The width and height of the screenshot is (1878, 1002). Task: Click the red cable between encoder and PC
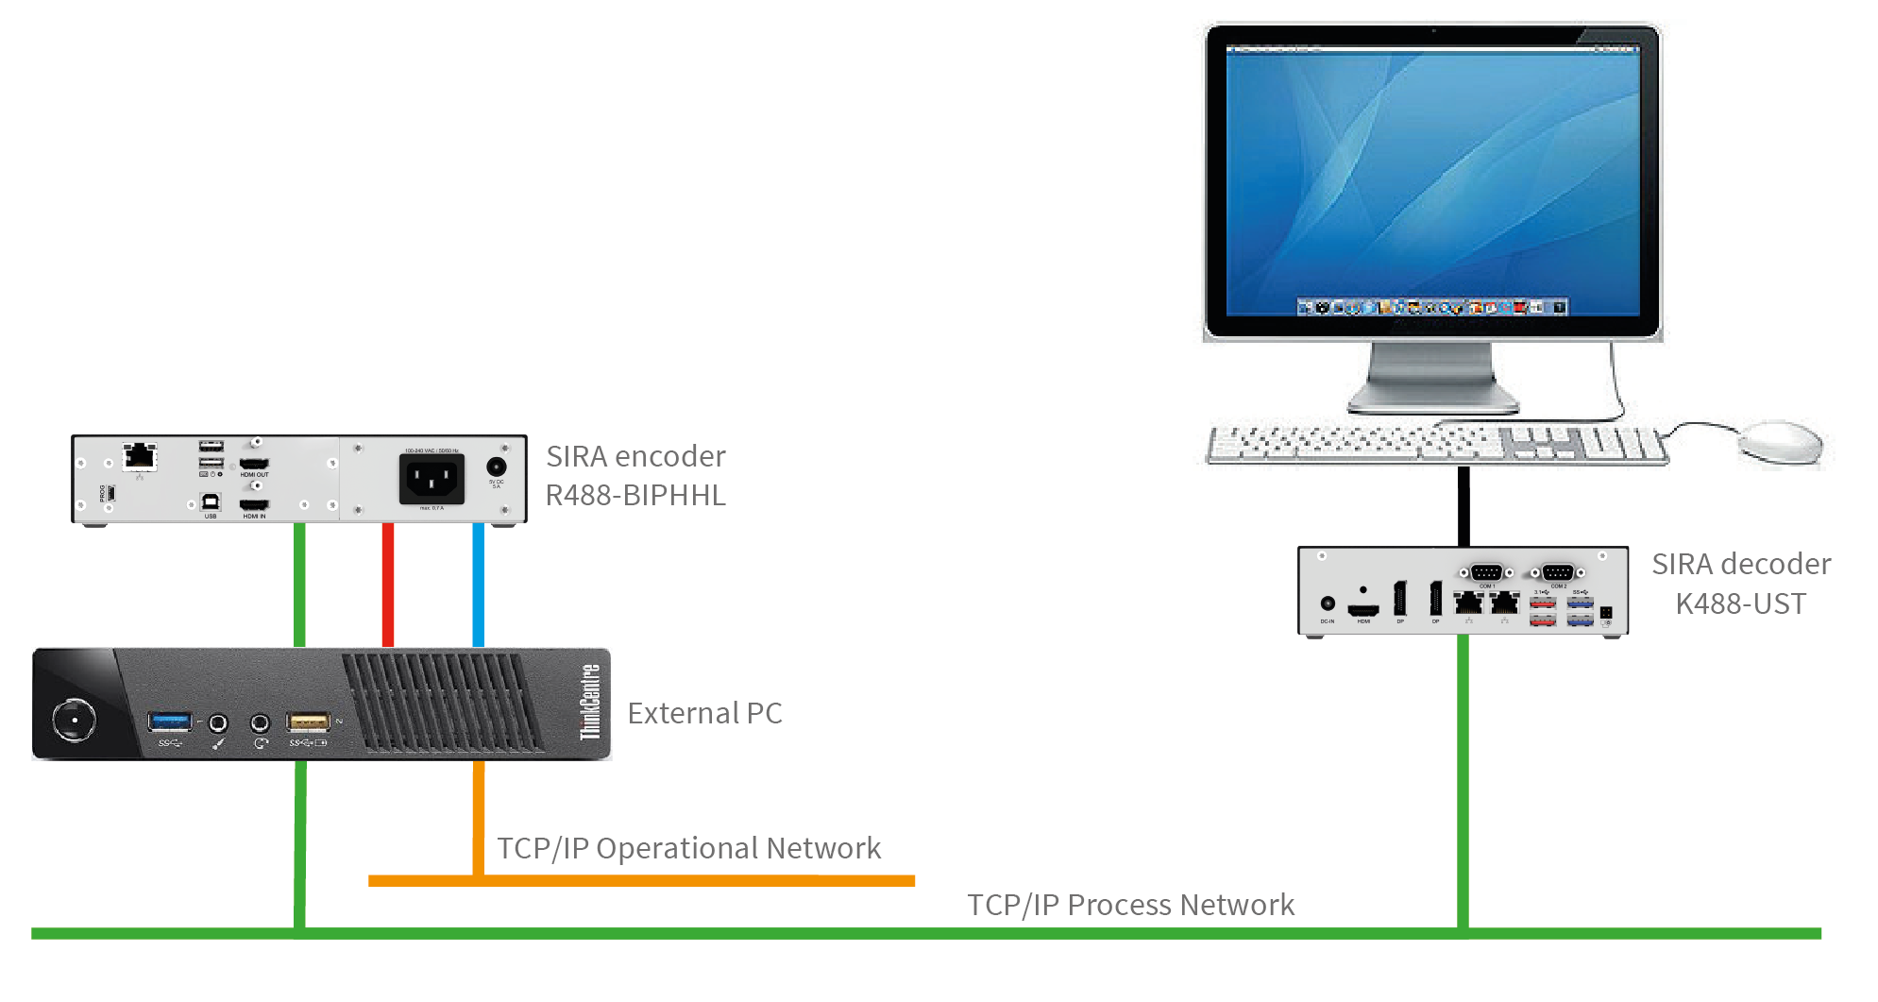(388, 585)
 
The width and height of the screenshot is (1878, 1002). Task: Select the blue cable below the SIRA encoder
(479, 585)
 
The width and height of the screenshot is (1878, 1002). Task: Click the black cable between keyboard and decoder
(1463, 505)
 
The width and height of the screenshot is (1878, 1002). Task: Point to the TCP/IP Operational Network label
(688, 848)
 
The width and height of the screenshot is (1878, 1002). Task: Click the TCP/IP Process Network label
(1130, 905)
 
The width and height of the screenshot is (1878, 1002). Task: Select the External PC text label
(704, 713)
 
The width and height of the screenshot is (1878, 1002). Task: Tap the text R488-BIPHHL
(635, 495)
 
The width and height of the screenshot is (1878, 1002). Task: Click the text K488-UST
(1740, 603)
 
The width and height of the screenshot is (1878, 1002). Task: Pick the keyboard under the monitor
(1435, 444)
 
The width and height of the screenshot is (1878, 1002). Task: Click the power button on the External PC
(74, 721)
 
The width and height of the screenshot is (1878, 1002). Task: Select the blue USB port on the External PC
(170, 722)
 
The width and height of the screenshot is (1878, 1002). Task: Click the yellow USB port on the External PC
(308, 722)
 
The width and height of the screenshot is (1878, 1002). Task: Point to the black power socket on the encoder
(431, 479)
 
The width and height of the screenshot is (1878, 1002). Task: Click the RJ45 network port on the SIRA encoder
(140, 455)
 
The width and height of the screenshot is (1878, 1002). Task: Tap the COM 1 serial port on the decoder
(1486, 572)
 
